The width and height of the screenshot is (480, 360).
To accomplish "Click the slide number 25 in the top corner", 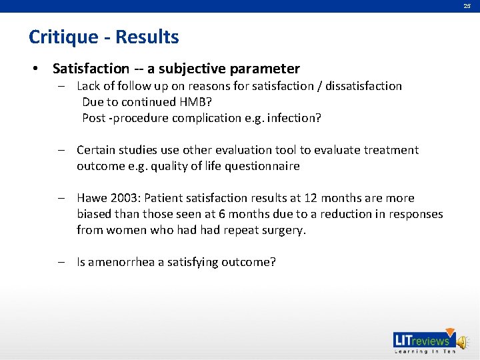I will [x=467, y=6].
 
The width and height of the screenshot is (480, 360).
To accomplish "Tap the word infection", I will [x=293, y=118].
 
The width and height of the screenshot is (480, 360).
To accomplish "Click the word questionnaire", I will [x=262, y=166].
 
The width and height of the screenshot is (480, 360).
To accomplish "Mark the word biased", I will [x=94, y=214].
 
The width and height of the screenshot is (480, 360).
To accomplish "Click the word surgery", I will [x=284, y=230].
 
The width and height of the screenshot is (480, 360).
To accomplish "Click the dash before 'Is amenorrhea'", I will [x=61, y=262].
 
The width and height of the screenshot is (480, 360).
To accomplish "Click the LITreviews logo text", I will [x=423, y=341].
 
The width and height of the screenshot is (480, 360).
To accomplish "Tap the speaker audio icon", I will [x=463, y=342].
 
